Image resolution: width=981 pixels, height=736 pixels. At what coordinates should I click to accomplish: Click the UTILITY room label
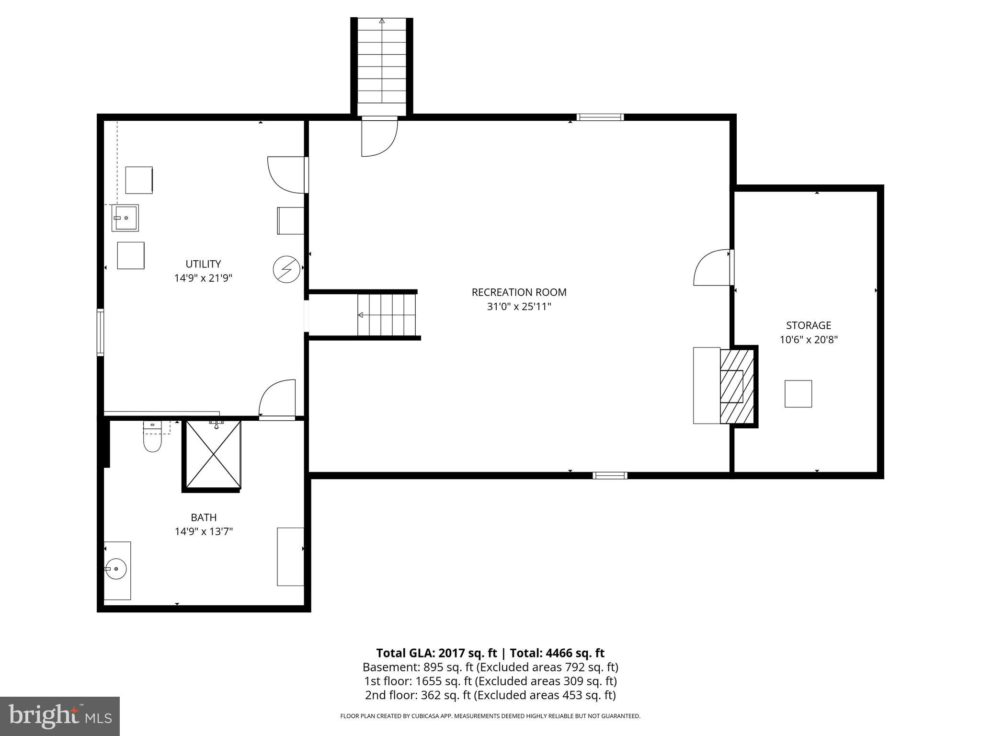click(203, 264)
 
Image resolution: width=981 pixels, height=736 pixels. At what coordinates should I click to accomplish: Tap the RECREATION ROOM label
click(519, 292)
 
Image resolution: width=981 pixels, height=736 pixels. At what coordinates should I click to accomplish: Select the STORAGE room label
click(809, 325)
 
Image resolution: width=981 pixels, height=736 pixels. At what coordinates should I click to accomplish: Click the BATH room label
click(204, 517)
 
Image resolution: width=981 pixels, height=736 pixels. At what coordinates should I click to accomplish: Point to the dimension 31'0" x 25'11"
click(519, 307)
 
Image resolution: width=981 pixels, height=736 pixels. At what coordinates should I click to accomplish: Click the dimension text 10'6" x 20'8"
click(809, 340)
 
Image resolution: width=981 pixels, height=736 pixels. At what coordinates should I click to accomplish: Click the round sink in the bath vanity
click(116, 569)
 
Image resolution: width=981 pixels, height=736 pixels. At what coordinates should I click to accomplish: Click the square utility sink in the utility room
click(125, 218)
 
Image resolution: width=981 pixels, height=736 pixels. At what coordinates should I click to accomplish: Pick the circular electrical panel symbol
click(286, 269)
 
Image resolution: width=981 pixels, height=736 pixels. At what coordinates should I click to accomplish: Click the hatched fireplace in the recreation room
click(737, 386)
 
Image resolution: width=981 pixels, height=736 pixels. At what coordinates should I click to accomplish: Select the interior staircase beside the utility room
click(387, 315)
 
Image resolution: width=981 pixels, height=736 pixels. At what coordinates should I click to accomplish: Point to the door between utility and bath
click(277, 399)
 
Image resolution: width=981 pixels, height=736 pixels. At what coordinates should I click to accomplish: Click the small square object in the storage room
click(798, 394)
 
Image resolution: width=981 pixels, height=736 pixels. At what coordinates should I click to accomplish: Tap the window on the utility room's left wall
click(100, 333)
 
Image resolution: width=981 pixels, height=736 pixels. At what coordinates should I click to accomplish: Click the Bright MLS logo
click(59, 716)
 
